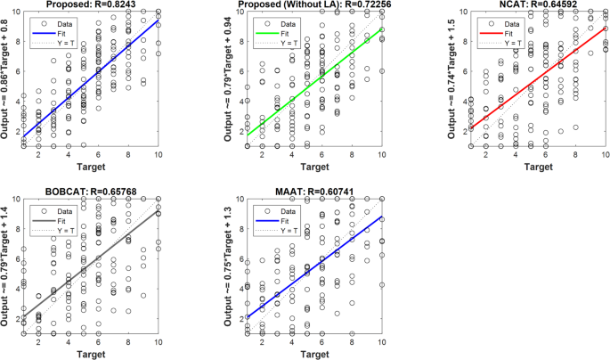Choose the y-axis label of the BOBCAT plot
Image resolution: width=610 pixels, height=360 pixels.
(8, 266)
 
